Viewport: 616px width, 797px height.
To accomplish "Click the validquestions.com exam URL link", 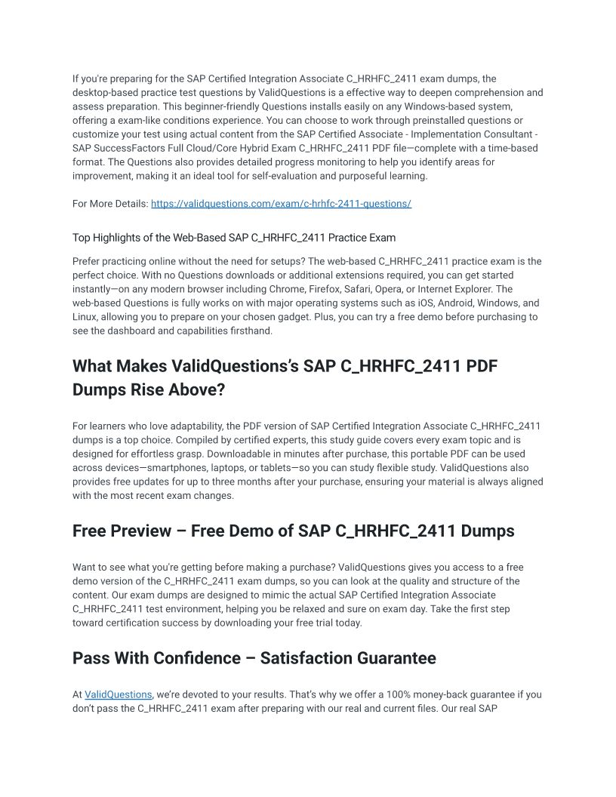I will (281, 204).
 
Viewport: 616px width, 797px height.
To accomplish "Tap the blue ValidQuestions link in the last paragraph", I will (119, 694).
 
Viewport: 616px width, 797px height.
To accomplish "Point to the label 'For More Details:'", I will (110, 204).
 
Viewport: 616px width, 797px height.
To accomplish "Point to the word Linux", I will (86, 317).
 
